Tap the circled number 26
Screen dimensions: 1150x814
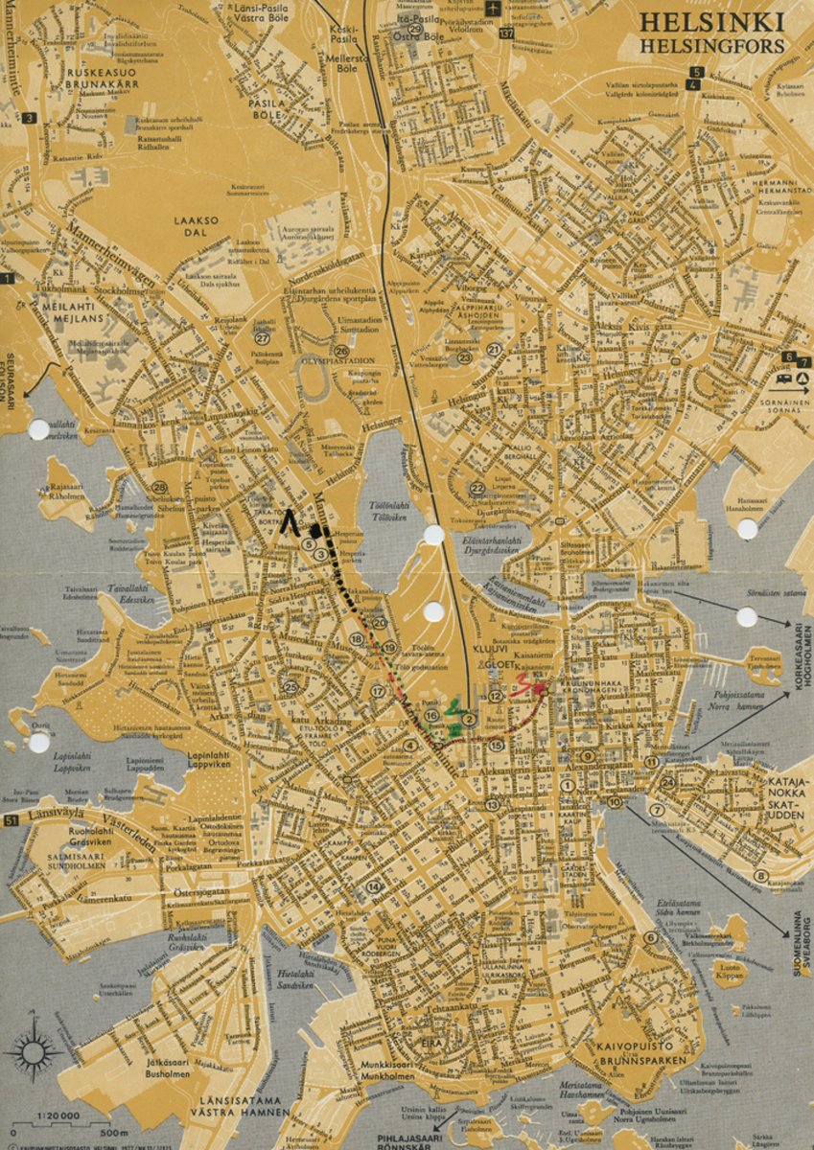[341, 351]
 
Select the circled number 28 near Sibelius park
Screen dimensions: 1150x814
[160, 487]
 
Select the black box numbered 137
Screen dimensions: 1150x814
[506, 34]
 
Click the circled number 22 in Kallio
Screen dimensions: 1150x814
[477, 489]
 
